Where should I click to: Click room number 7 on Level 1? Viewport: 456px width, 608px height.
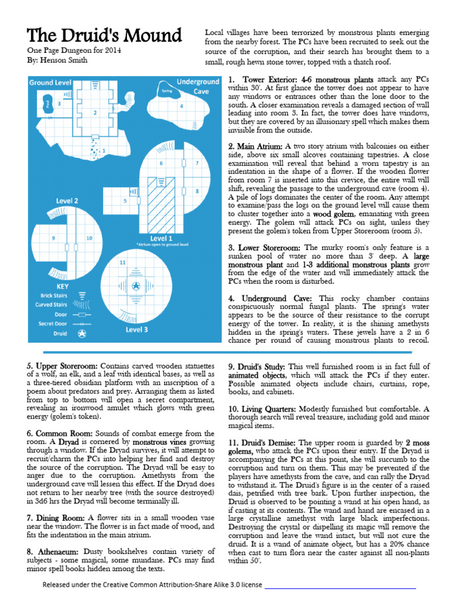tap(197, 163)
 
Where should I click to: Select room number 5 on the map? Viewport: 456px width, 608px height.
tap(125, 201)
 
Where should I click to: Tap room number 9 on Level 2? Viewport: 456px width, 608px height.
tap(53, 238)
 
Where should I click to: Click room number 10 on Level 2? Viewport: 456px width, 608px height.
tap(89, 238)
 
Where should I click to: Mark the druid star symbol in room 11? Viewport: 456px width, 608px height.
tap(136, 287)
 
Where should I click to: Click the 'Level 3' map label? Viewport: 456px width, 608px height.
tap(137, 329)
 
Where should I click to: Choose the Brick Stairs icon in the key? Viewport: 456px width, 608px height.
tap(83, 295)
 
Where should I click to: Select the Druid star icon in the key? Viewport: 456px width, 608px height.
tap(82, 334)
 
